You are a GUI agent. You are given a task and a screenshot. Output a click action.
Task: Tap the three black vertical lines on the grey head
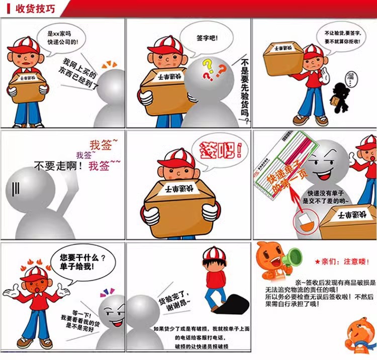[16, 189]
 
